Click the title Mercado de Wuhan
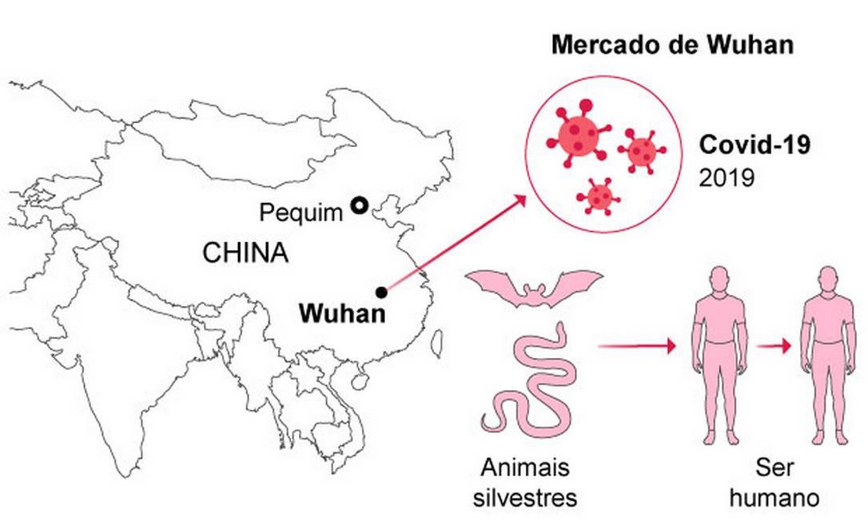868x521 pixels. (x=672, y=45)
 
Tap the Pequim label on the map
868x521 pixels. (x=301, y=213)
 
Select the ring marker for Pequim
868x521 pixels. (x=360, y=206)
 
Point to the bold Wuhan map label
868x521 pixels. (x=342, y=313)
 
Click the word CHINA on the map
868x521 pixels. (x=245, y=253)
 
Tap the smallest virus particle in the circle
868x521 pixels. (x=598, y=195)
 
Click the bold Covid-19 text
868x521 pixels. (x=755, y=145)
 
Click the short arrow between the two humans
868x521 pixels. (x=774, y=346)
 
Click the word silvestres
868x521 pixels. (x=524, y=498)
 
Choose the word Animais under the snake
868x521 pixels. (x=525, y=467)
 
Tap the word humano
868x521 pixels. (x=774, y=498)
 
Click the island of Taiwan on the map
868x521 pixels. (x=436, y=341)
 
